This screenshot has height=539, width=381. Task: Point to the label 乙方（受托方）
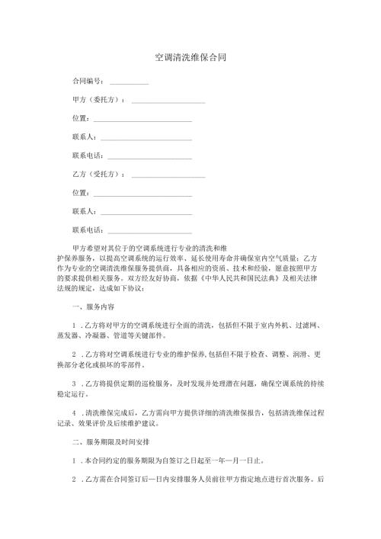98,175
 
